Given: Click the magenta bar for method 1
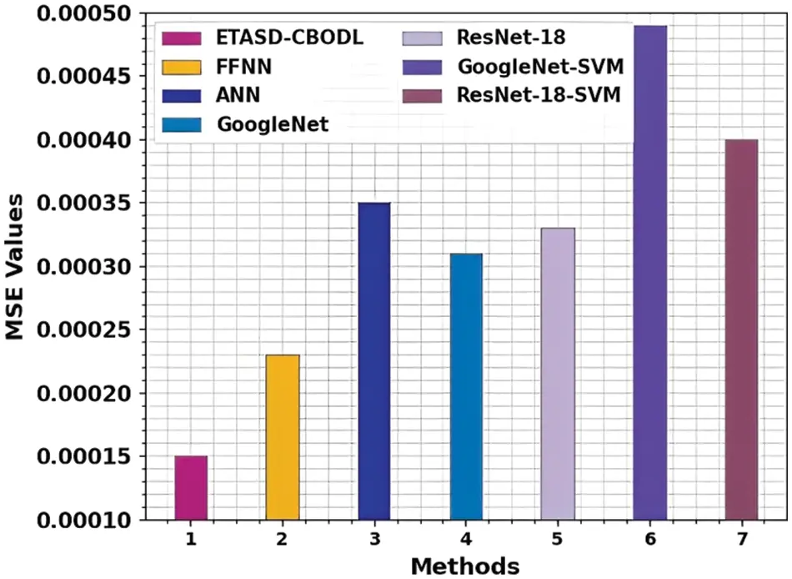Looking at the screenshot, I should click(191, 488).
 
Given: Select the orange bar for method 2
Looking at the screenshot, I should click(283, 437).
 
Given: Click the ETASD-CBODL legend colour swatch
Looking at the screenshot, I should click(184, 38).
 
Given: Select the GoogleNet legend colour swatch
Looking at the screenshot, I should click(184, 124).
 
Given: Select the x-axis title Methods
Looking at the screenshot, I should click(465, 566).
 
